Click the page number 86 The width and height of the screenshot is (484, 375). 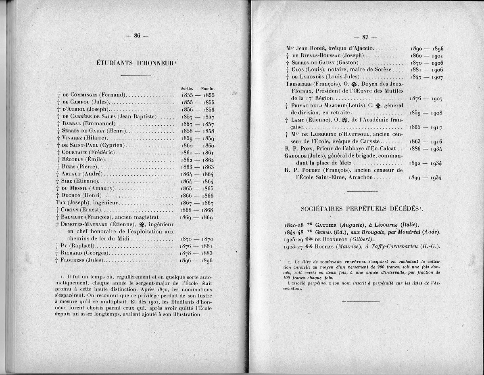tap(137, 36)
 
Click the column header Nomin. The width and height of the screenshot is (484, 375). tap(208, 88)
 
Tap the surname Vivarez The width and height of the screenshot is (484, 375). tap(72, 138)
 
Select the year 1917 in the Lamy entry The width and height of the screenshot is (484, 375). tap(436, 128)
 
